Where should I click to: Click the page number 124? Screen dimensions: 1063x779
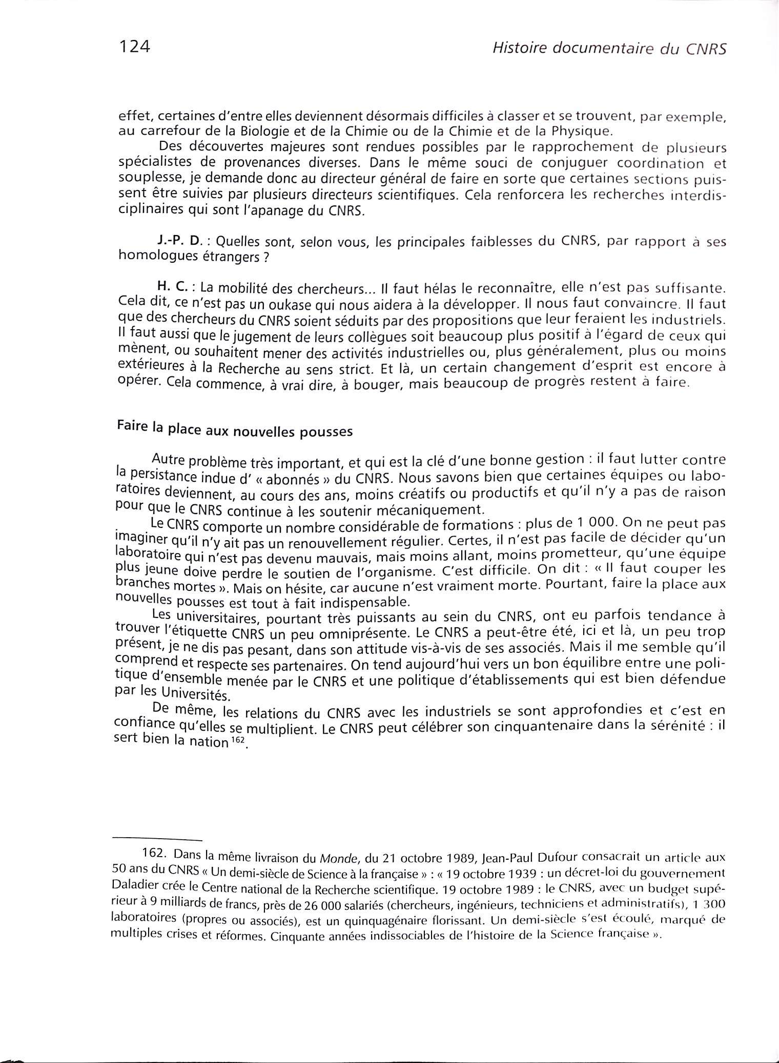[x=134, y=47]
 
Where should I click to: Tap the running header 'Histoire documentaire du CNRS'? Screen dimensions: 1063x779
[x=609, y=49]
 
